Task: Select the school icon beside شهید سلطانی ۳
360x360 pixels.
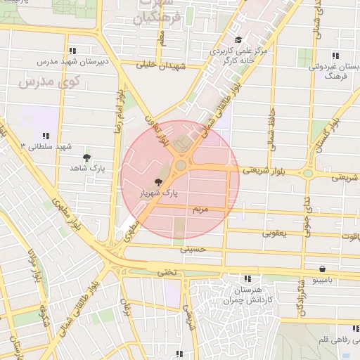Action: (x=46, y=135)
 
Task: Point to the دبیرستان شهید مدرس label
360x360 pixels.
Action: (x=72, y=61)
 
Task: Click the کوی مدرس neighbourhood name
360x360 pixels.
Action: (x=37, y=84)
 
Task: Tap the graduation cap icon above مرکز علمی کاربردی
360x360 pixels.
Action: (x=238, y=40)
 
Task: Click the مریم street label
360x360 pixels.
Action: (x=200, y=210)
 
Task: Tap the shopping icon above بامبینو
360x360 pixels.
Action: (x=321, y=269)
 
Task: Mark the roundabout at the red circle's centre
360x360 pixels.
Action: (x=181, y=166)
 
